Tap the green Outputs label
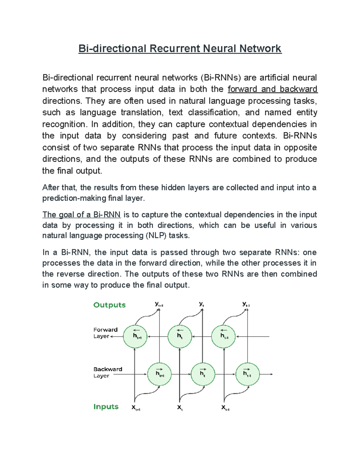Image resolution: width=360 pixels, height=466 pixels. pos(109,305)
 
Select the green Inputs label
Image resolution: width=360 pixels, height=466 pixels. pos(106,407)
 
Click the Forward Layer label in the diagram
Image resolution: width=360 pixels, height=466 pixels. pos(105,333)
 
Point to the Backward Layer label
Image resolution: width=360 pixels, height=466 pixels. pos(108,372)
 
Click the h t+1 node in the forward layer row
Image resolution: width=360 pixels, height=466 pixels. pos(135,336)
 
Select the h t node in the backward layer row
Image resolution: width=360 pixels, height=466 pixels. pos(203,374)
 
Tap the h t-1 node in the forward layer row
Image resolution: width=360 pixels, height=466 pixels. pos(223,336)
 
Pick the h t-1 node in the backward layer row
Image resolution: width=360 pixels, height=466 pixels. pos(247,374)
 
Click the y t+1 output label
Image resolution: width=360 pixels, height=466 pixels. pos(159,304)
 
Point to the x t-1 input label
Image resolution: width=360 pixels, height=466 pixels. pos(225,407)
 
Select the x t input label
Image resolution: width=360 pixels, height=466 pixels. pos(180,407)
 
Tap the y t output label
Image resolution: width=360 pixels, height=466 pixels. pos(202,304)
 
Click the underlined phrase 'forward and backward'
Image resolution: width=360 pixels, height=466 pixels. pos(272,89)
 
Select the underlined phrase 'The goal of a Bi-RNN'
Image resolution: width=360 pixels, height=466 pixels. pos(81,215)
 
